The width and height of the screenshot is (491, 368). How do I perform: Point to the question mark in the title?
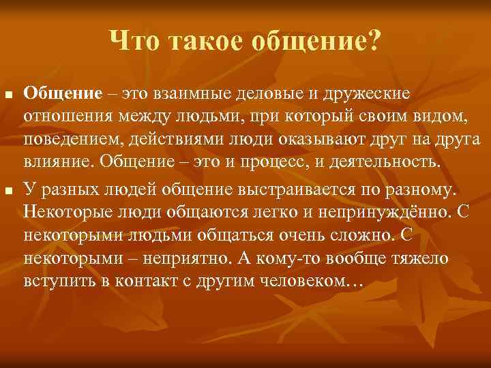[x=375, y=44]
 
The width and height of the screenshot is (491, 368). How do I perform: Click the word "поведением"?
[x=72, y=140]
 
